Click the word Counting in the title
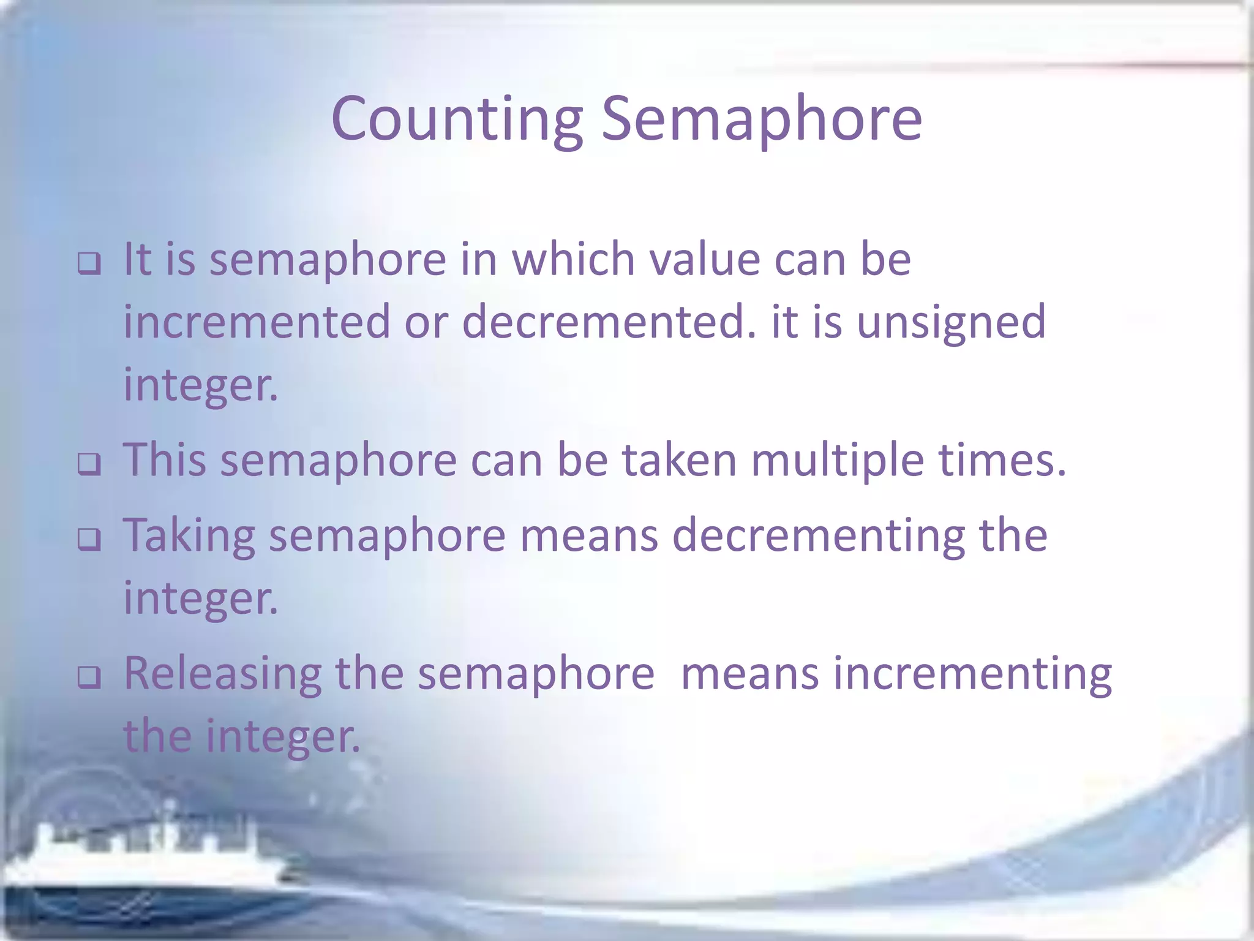[x=456, y=119]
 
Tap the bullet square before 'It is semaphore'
[x=89, y=264]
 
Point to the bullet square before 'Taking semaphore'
[x=89, y=540]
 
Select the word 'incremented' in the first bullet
[x=257, y=322]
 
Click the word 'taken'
[x=680, y=460]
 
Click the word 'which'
[x=573, y=259]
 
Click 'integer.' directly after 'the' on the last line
[x=282, y=737]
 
